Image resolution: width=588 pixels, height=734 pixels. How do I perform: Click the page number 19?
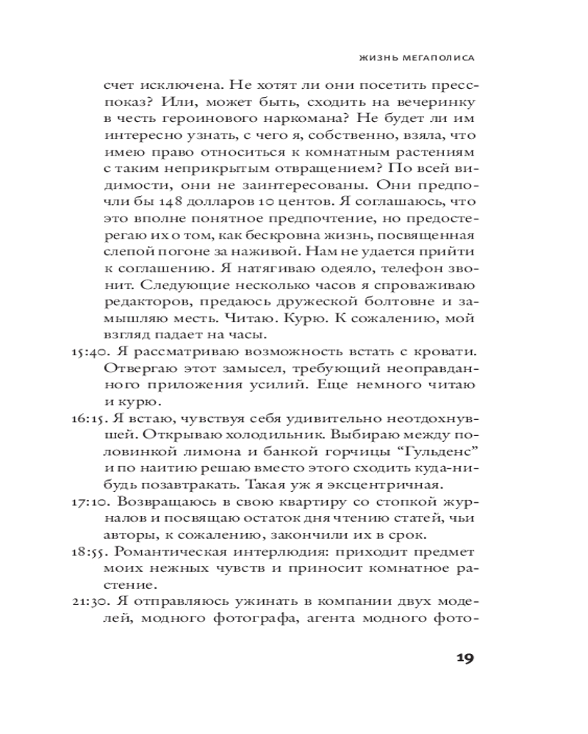(464, 657)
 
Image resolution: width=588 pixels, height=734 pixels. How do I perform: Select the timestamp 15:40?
(88, 352)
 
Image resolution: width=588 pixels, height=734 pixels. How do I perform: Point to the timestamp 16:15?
(88, 418)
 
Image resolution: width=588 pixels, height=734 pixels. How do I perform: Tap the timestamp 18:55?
(88, 551)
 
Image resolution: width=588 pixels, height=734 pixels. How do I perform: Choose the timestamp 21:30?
(88, 602)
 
